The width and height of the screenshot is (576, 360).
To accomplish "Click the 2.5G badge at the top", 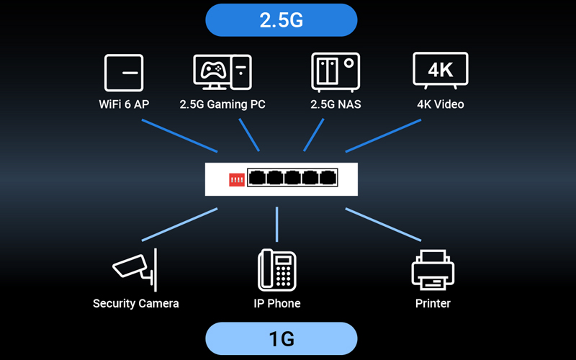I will point(281,19).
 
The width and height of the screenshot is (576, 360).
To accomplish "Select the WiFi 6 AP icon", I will point(124,73).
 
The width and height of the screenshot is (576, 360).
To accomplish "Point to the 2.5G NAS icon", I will point(335,72).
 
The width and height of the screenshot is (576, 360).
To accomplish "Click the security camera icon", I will point(133,268).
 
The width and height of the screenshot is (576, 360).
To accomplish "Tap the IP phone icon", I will point(277,269).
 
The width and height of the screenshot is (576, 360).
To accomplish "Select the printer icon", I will point(433,270).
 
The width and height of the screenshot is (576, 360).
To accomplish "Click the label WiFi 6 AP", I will point(124,104).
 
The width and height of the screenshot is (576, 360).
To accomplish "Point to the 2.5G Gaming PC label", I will point(222,104).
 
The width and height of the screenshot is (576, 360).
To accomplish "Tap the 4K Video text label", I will point(441,104).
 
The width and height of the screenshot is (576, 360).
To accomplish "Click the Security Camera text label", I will point(135,303).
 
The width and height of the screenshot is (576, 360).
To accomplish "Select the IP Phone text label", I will point(277,303).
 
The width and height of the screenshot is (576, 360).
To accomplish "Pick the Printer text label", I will point(433,303).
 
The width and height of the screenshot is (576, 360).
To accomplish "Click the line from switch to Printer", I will point(382,224).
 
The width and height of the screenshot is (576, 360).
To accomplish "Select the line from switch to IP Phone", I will point(277,225).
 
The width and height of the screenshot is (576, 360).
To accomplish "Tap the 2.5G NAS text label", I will point(336,104).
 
